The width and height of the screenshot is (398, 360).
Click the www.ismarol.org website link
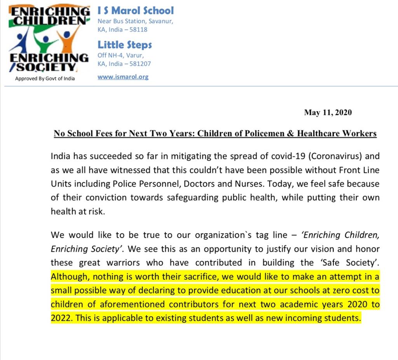pyautogui.click(x=123, y=77)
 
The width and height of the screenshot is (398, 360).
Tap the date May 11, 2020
pyautogui.click(x=328, y=113)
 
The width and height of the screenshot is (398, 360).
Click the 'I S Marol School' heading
pyautogui.click(x=136, y=10)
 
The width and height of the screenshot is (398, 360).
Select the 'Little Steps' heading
pyautogui.click(x=124, y=45)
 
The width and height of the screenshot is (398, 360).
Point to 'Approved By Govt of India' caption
pyautogui.click(x=45, y=79)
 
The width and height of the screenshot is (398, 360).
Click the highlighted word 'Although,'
pyautogui.click(x=68, y=277)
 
